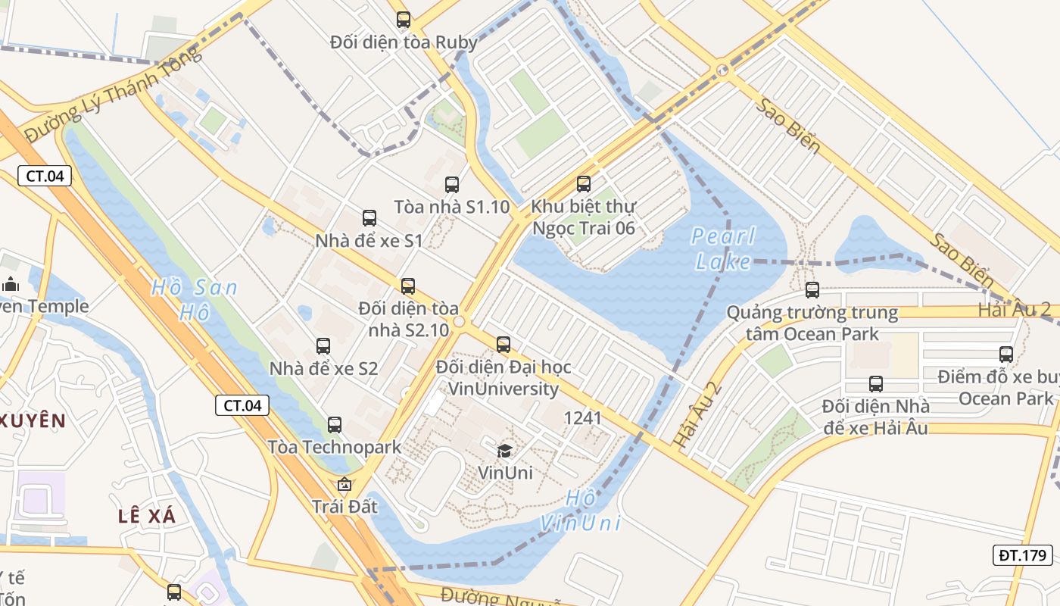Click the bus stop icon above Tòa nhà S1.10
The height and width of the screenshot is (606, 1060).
(452, 184)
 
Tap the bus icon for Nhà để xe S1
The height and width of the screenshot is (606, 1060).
(369, 218)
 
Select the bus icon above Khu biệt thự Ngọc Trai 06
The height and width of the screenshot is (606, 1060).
(583, 183)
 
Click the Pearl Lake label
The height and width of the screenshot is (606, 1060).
(723, 249)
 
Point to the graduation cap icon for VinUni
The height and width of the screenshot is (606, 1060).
(504, 451)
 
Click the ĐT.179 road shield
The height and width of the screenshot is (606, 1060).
(1022, 555)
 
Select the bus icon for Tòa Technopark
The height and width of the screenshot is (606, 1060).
(335, 425)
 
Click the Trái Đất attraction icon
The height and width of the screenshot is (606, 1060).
(344, 484)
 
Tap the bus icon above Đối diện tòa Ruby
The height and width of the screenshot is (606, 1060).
(404, 20)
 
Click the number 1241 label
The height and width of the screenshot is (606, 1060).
(583, 418)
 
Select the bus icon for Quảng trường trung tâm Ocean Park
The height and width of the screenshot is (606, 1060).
(812, 289)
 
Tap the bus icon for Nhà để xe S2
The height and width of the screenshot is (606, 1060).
(323, 346)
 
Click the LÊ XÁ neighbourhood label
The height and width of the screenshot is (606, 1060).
(147, 517)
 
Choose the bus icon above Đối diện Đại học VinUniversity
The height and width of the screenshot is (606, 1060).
(503, 345)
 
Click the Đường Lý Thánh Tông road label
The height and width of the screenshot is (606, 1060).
(114, 94)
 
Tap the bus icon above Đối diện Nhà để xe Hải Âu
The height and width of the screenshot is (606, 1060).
(876, 384)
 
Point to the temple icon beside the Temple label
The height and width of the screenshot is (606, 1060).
(11, 285)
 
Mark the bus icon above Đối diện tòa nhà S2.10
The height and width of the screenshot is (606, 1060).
(408, 286)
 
